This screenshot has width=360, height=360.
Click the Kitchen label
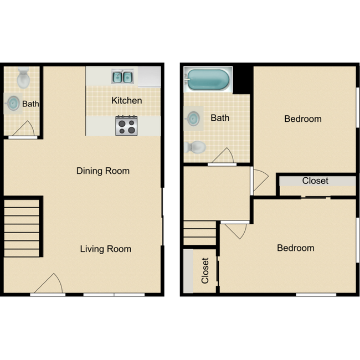126,100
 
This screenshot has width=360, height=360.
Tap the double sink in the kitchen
122,76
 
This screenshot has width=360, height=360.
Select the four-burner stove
126,126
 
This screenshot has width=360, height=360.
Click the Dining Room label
103,171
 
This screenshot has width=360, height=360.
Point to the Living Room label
106,249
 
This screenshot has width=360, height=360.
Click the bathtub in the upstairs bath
208,80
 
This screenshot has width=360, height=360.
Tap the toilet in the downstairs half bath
23,78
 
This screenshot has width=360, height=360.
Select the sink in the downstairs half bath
13,103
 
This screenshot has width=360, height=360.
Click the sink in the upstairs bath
193,117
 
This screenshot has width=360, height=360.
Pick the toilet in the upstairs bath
196,147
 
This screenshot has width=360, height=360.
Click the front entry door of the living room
49,285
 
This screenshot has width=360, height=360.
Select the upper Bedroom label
302,119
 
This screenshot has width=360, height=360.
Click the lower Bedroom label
295,248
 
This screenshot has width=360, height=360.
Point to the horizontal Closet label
315,181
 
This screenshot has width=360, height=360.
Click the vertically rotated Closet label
205,270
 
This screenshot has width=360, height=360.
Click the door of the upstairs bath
221,156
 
